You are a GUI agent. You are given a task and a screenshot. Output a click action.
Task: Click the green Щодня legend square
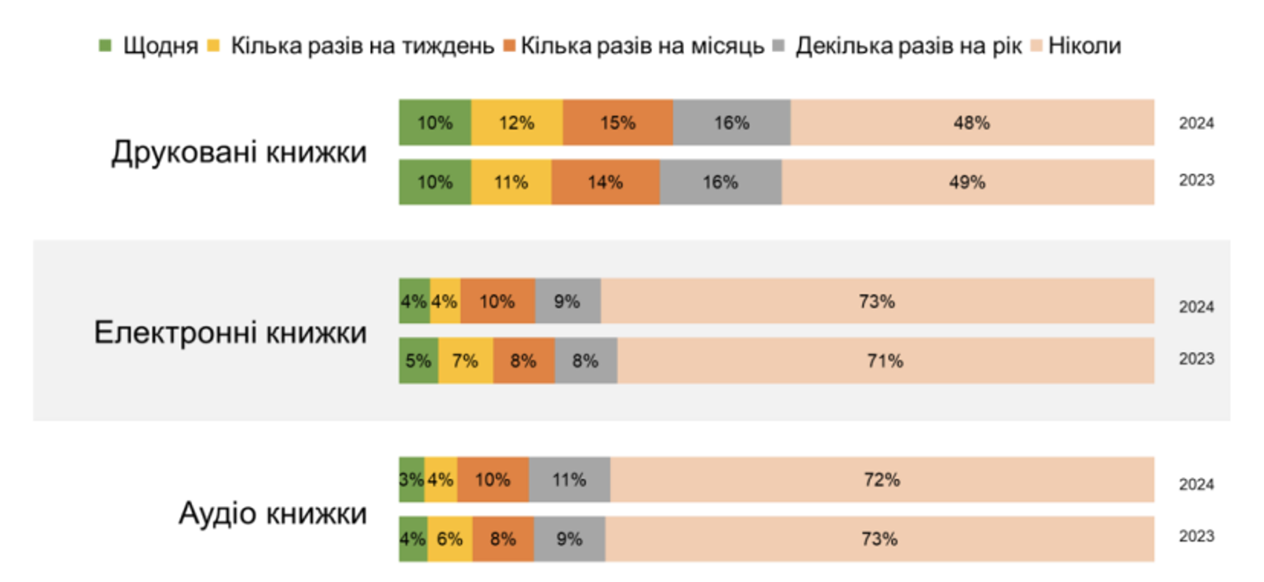[105, 46]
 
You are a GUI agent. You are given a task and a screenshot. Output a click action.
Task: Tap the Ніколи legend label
[1084, 46]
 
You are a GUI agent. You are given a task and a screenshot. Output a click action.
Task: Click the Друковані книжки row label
[239, 153]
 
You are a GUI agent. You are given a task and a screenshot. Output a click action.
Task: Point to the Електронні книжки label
[231, 333]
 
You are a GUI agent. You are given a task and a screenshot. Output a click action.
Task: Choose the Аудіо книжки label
[273, 513]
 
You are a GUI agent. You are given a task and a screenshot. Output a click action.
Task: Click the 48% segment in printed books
[972, 123]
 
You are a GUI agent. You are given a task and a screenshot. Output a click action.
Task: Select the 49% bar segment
[967, 183]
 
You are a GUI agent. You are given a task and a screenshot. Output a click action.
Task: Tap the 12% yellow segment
[517, 123]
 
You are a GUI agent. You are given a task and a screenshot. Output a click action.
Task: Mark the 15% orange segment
[618, 123]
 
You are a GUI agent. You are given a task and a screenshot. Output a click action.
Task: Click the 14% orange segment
[606, 183]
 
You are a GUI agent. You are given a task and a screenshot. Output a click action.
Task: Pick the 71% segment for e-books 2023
[885, 360]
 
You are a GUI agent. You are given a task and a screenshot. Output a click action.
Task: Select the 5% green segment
[419, 360]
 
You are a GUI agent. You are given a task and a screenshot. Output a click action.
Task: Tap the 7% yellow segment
[466, 360]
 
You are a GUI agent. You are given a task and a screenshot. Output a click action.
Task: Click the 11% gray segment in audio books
[569, 479]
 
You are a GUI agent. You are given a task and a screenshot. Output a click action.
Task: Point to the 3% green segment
[412, 479]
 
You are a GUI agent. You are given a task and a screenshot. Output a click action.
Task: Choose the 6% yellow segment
[450, 539]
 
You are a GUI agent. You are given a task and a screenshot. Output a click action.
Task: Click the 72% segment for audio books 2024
[882, 479]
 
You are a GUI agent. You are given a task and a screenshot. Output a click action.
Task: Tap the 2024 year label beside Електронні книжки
[1196, 307]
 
